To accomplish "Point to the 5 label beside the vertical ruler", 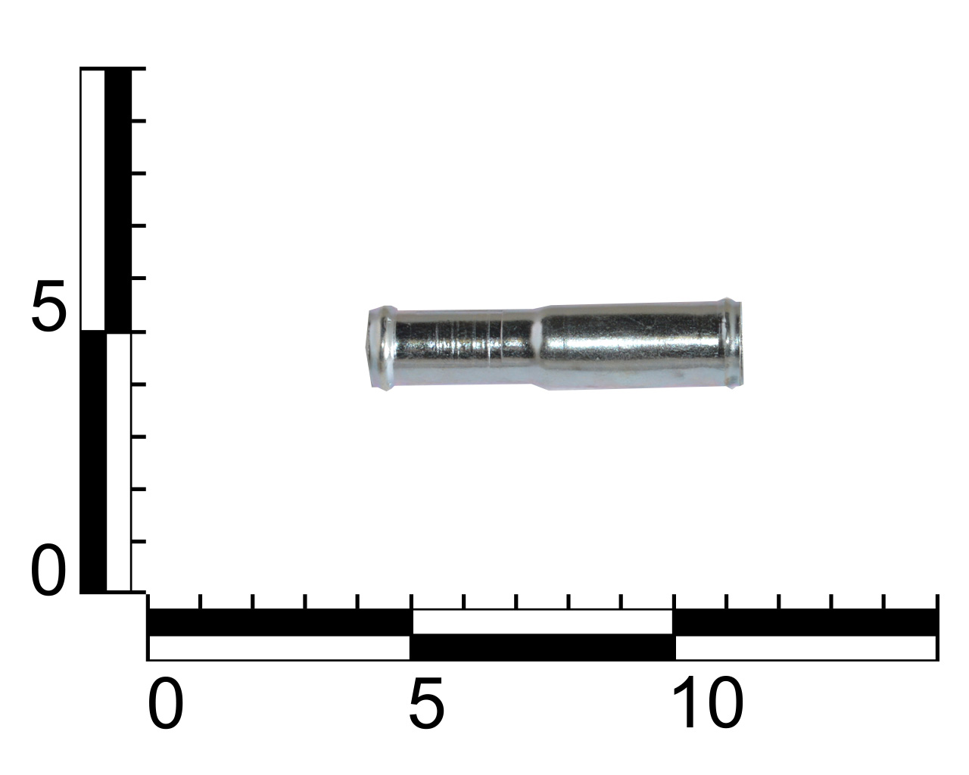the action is pyautogui.click(x=48, y=307).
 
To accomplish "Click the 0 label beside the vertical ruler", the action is pyautogui.click(x=48, y=570).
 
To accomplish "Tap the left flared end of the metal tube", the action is pyautogui.click(x=382, y=347).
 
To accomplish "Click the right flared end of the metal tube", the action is pyautogui.click(x=731, y=343).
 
